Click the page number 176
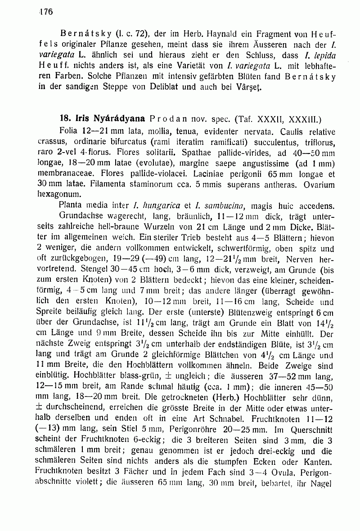coord(46,13)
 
